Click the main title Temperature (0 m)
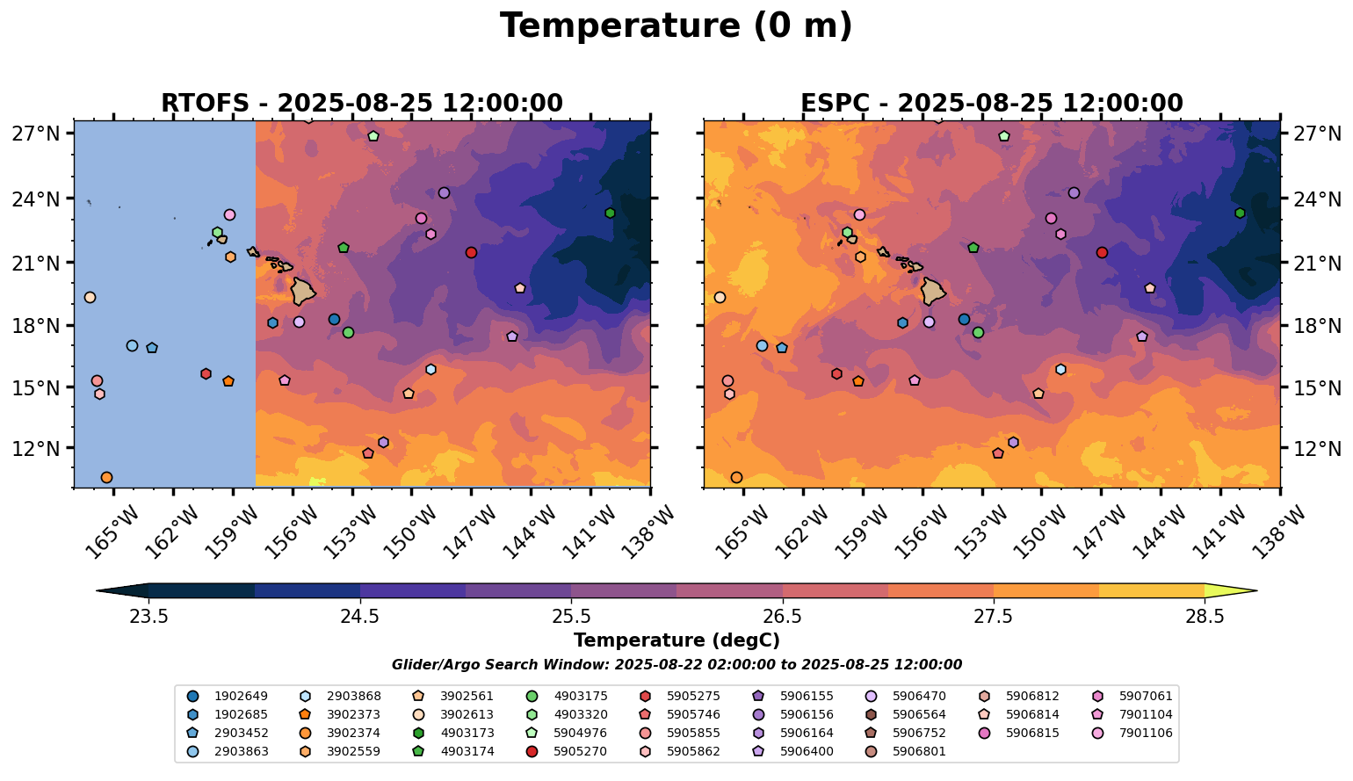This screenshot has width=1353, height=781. [x=676, y=26]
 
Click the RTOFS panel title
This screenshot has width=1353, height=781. [x=361, y=103]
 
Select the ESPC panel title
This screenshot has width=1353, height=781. [x=991, y=103]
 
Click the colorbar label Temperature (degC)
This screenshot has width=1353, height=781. [x=676, y=640]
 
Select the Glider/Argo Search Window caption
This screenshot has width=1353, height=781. [x=676, y=665]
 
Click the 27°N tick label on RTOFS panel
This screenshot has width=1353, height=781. [x=36, y=134]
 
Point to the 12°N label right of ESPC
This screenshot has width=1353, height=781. [x=1317, y=449]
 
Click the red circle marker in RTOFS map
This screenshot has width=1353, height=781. [x=471, y=252]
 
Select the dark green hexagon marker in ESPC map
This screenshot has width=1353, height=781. [x=1240, y=213]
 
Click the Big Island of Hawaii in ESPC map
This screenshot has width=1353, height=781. [x=934, y=290]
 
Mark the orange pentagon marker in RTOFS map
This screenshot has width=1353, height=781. [x=228, y=381]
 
